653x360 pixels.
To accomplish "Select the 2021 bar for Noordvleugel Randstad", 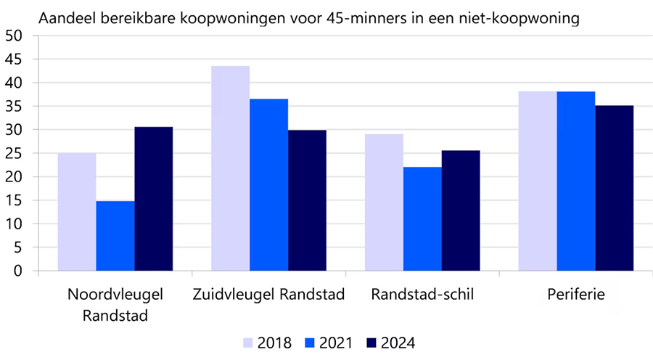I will click(x=115, y=236).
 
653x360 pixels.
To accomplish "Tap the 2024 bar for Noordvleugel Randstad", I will click(x=154, y=199).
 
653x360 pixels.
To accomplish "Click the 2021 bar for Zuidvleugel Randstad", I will click(x=268, y=185).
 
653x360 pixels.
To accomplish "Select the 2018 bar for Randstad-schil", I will click(x=384, y=202).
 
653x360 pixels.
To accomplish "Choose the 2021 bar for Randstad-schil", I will click(x=422, y=218).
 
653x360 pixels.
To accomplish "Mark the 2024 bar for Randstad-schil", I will click(x=461, y=210).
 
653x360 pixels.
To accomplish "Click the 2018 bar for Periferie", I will click(x=537, y=181).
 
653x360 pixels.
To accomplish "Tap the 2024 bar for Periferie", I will click(x=614, y=188).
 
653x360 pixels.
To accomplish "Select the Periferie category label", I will click(x=575, y=295).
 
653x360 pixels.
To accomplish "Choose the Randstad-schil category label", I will click(x=422, y=295).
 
